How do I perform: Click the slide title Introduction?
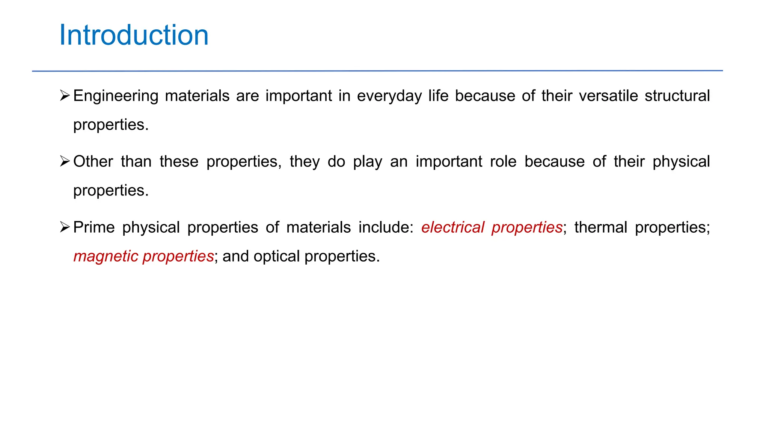pos(134,35)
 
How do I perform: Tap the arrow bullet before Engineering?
pos(65,96)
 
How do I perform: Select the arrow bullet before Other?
pos(65,162)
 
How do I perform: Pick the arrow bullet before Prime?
pos(65,227)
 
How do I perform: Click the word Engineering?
pos(116,96)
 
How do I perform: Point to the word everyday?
pos(389,96)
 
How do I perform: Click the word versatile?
pos(608,96)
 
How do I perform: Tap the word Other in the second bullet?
pos(93,162)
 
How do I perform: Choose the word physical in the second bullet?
pos(681,162)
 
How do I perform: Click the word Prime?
pos(94,227)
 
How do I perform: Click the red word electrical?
pos(452,227)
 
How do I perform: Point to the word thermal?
pos(600,227)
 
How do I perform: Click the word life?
pos(438,96)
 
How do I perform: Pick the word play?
pos(368,162)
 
